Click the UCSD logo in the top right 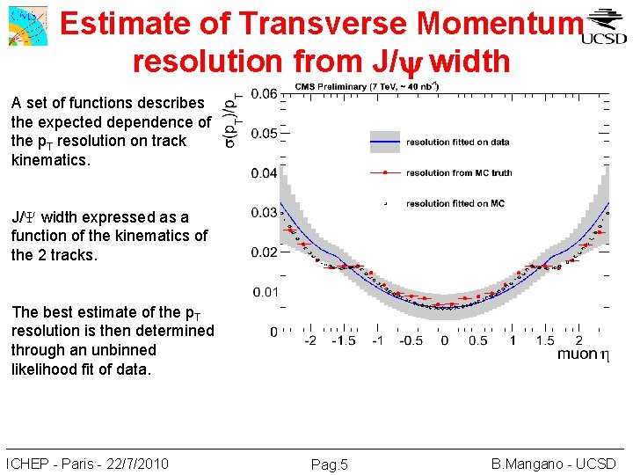tap(605, 27)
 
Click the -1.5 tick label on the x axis tap(344, 340)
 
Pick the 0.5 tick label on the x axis tap(477, 340)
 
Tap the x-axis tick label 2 tap(578, 340)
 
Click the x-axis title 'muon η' tap(582, 354)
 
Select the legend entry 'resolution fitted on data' tap(457, 141)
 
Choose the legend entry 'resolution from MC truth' tap(457, 172)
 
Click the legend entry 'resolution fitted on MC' tap(455, 203)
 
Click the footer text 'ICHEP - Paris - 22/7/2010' tap(87, 464)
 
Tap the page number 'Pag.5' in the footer tap(330, 464)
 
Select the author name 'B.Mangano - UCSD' tap(553, 464)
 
